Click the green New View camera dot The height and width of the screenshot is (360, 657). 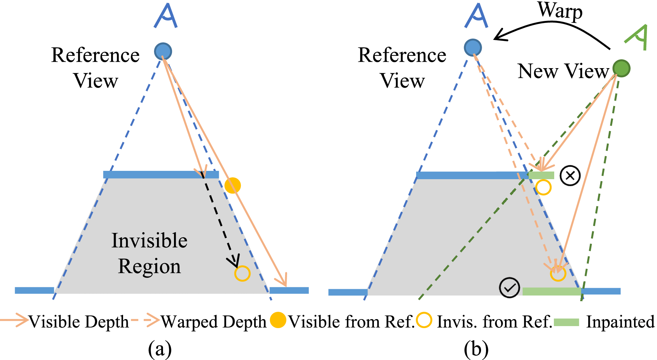[621, 68]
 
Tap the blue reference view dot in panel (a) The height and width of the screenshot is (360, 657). [163, 52]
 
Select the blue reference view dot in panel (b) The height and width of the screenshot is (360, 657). [473, 48]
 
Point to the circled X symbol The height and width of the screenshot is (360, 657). [570, 176]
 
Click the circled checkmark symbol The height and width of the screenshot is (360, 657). [509, 288]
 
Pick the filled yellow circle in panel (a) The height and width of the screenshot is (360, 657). [233, 185]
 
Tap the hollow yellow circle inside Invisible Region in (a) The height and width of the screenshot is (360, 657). [242, 273]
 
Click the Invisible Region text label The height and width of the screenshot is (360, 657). [149, 253]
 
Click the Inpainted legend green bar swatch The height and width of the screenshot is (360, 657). [567, 322]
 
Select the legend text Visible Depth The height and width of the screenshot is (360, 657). [79, 322]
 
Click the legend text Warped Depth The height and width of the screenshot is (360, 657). [214, 322]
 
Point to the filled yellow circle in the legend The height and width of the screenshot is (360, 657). [278, 320]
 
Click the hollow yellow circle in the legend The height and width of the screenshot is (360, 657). [424, 320]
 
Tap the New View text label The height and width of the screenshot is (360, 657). [563, 71]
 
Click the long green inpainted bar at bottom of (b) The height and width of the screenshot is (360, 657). [552, 292]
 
